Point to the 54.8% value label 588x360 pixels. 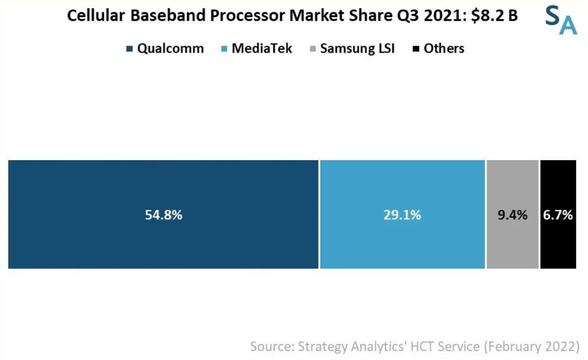click(164, 215)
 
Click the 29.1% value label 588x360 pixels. click(402, 215)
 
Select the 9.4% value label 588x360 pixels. click(512, 215)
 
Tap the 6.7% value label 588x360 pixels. click(558, 215)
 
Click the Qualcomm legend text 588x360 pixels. click(170, 48)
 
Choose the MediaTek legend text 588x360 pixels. click(262, 48)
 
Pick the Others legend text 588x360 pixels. click(444, 48)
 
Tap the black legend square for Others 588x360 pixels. click(416, 49)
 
